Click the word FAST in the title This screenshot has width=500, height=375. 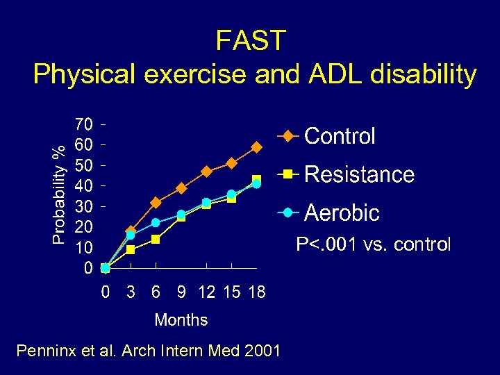(x=250, y=41)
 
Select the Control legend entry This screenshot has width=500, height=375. (x=340, y=136)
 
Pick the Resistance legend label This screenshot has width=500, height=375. (x=359, y=174)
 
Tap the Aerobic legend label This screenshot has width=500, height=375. (x=342, y=212)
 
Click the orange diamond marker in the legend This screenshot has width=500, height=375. (x=288, y=136)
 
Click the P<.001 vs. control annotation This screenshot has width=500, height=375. (x=373, y=244)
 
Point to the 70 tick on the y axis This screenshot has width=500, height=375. (x=83, y=125)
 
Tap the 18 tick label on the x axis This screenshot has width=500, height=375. (x=256, y=292)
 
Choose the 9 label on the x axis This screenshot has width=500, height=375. (x=181, y=292)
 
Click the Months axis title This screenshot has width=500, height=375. (x=181, y=320)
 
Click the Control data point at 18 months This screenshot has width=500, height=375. (x=256, y=147)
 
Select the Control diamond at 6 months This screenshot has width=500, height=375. (x=156, y=203)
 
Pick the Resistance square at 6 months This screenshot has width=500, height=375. (x=156, y=240)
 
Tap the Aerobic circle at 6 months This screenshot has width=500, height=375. (x=156, y=223)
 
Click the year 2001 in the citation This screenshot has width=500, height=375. (x=263, y=351)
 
